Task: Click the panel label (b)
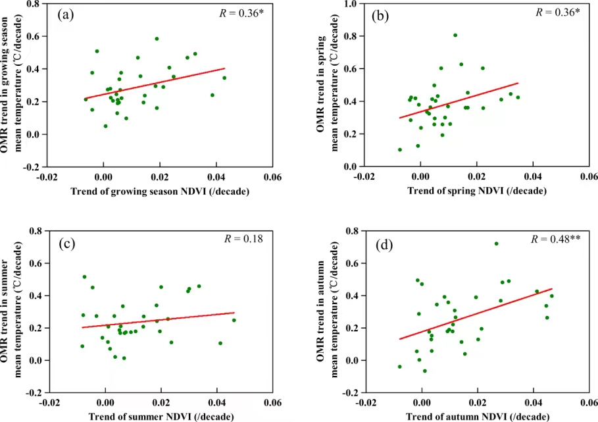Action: [x=382, y=14]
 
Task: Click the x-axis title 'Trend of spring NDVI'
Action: [x=477, y=190]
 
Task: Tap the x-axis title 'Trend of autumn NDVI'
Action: [x=478, y=417]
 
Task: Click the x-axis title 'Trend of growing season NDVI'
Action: [x=162, y=190]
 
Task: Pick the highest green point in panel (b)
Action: [x=455, y=36]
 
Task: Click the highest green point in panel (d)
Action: [x=496, y=244]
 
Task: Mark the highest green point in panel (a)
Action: [x=157, y=39]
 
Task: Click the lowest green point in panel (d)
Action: [x=425, y=371]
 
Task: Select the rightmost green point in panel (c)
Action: [x=234, y=321]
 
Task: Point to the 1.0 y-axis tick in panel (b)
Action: [x=348, y=4]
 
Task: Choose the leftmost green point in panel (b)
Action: [x=400, y=149]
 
